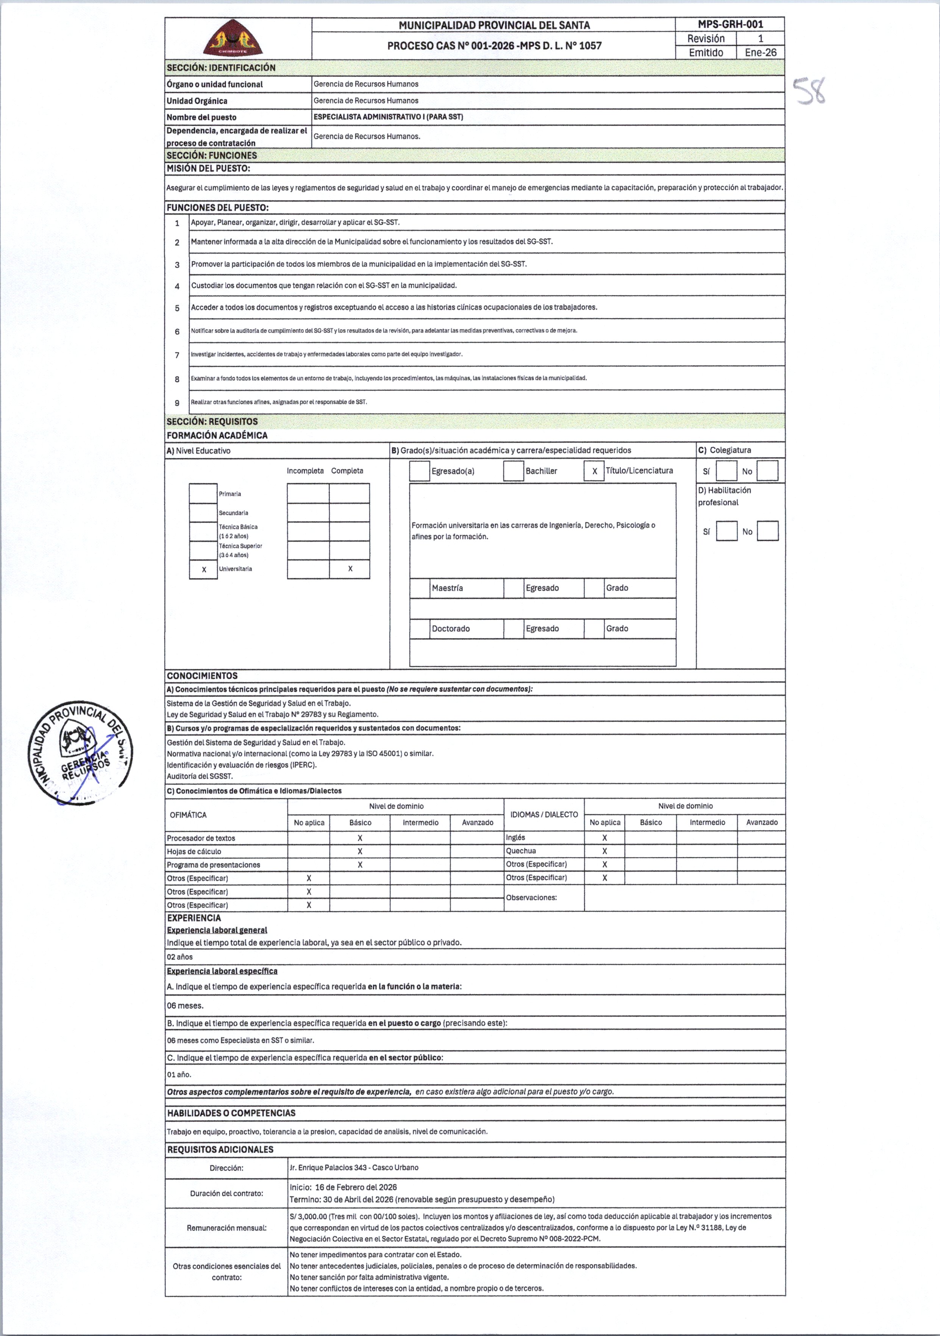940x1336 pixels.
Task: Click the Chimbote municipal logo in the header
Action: [233, 38]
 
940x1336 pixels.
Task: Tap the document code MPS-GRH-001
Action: [730, 25]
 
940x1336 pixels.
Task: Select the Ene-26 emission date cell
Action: [760, 52]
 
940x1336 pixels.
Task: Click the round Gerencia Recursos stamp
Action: [80, 753]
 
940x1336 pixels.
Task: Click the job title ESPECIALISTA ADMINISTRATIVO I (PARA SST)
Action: [388, 117]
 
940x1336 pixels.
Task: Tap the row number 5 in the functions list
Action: [177, 308]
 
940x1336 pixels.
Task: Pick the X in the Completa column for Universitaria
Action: [350, 568]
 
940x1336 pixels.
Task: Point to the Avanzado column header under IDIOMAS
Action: [761, 822]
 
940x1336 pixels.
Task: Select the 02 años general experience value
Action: [180, 957]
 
